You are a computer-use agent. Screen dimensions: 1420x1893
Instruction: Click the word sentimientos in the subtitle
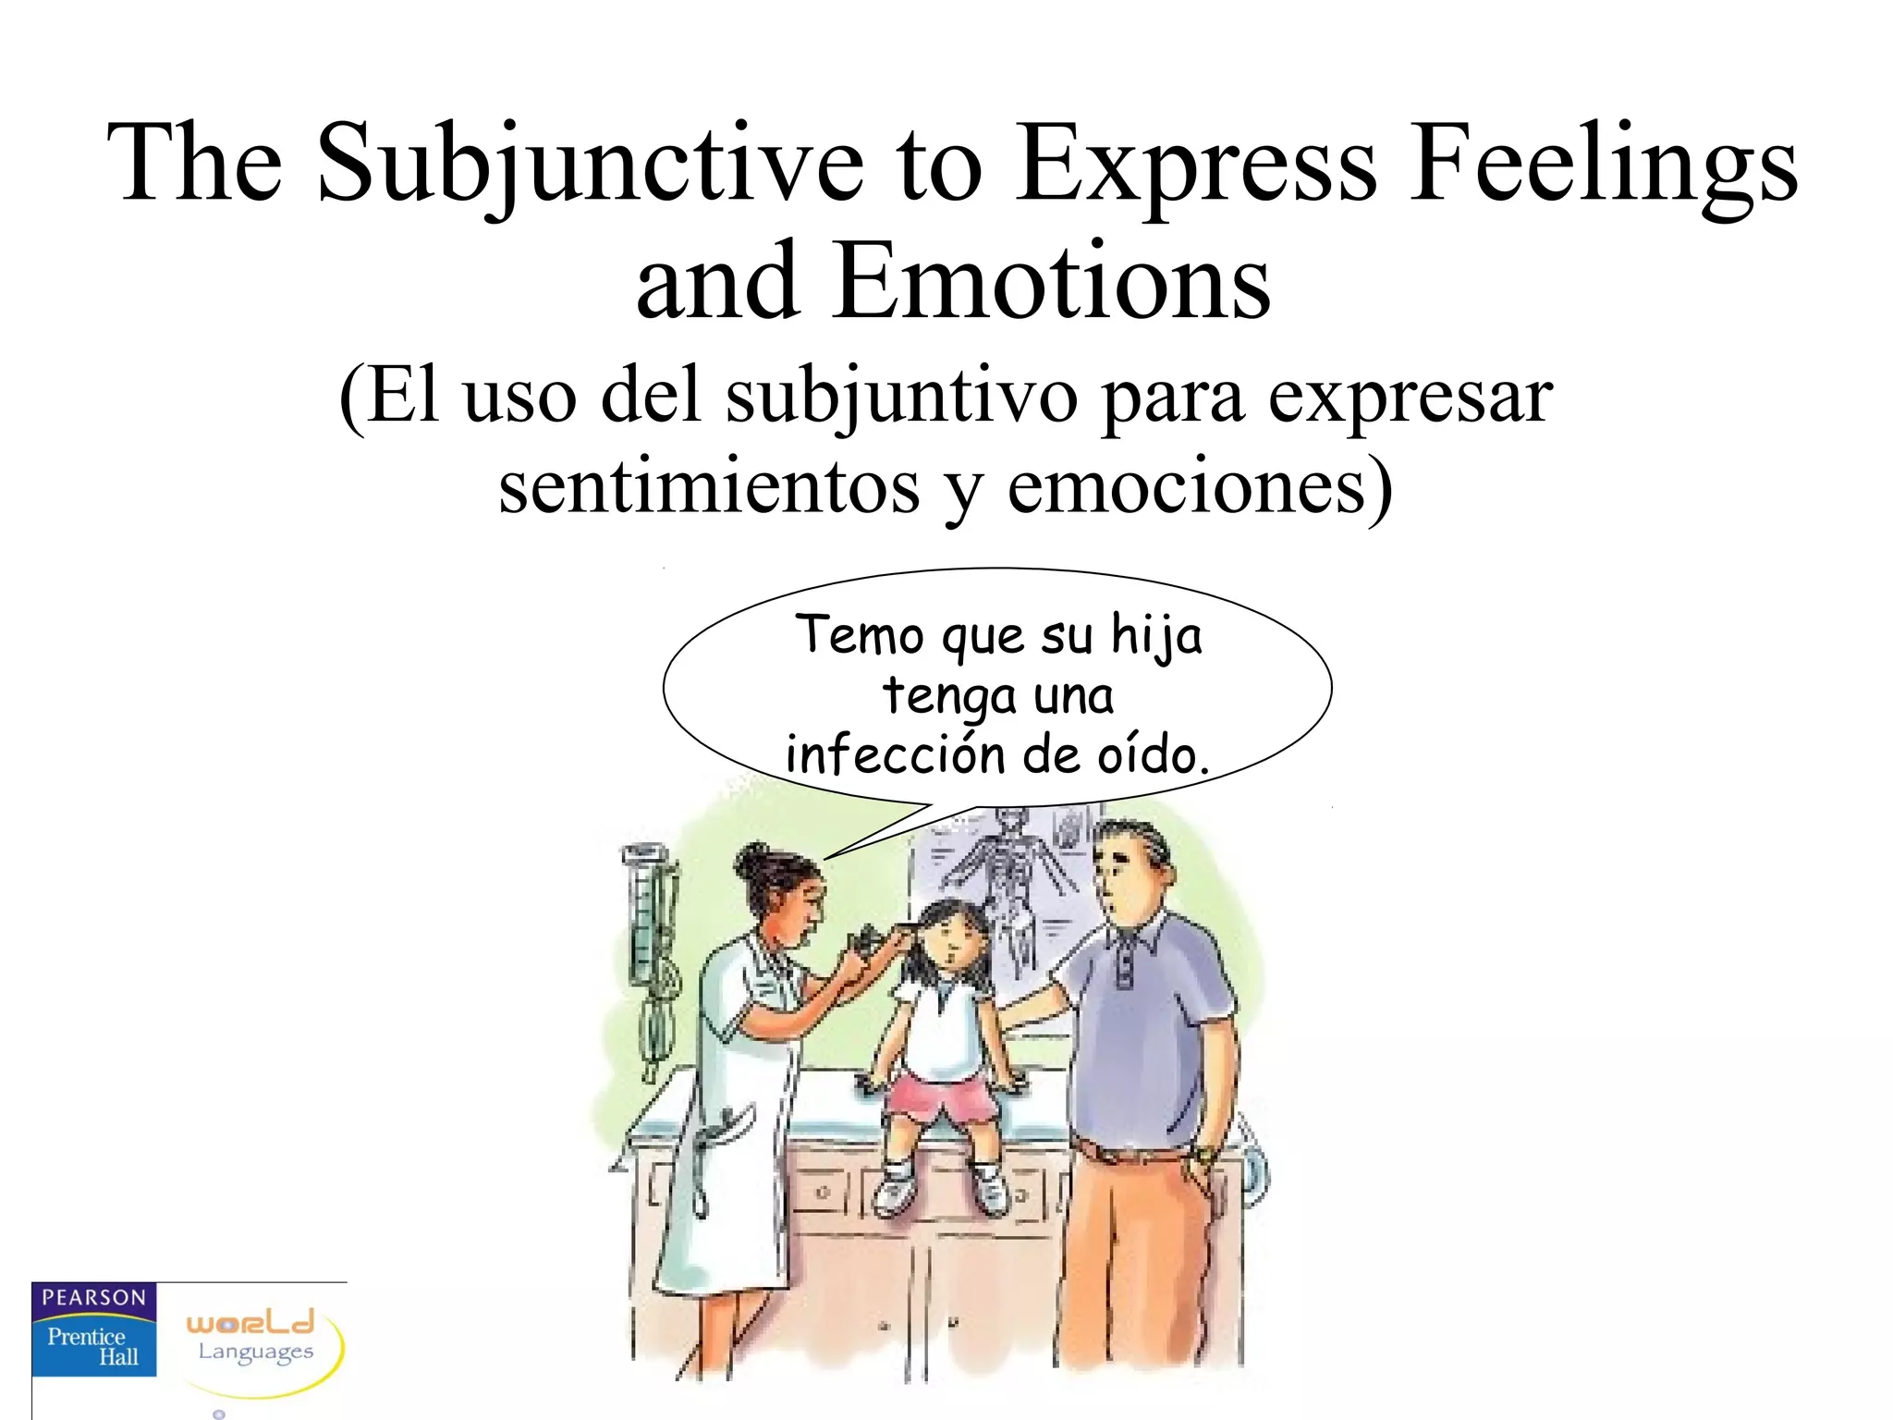(709, 487)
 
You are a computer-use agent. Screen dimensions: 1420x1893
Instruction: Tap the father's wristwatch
(1203, 1155)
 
